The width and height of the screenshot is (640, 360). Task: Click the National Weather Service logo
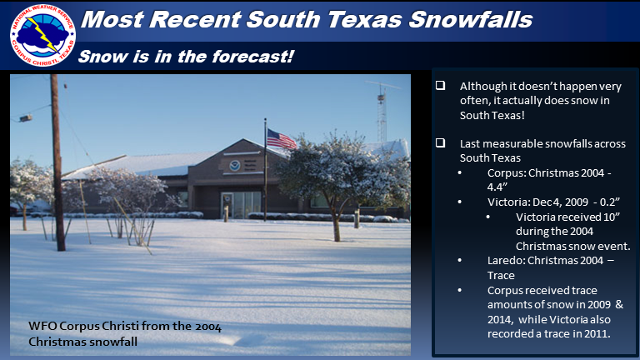tap(42, 35)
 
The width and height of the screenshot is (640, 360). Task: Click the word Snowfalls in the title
tap(471, 19)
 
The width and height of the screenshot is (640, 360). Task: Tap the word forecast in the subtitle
tap(252, 57)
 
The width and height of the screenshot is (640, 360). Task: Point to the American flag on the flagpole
tap(281, 140)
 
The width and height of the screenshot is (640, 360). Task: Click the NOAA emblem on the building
tap(234, 165)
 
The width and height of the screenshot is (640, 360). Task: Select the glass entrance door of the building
tap(241, 205)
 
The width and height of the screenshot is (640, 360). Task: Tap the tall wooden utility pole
tap(57, 162)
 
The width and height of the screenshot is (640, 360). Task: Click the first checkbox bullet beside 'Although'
tap(440, 85)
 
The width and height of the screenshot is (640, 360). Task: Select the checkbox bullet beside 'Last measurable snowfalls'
tap(440, 142)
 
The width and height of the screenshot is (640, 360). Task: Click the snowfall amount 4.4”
tap(497, 187)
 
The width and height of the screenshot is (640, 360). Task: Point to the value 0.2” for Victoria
tap(610, 202)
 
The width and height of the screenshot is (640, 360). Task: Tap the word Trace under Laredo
tap(501, 276)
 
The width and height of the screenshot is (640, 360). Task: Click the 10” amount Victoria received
tap(612, 217)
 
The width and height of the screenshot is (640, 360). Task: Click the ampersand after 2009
tap(619, 304)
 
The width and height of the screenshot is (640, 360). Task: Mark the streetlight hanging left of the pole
tap(25, 118)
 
